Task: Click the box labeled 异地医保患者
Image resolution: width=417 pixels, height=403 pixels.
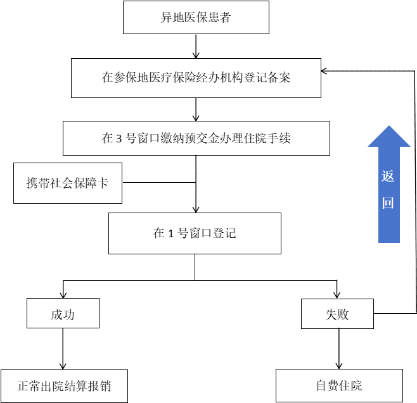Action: pyautogui.click(x=196, y=17)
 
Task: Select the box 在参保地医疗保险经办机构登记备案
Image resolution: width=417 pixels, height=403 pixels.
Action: pyautogui.click(x=196, y=78)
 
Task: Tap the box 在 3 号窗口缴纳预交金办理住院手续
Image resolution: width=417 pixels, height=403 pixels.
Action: pyautogui.click(x=196, y=138)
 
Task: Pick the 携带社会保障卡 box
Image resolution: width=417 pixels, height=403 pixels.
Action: pyautogui.click(x=67, y=183)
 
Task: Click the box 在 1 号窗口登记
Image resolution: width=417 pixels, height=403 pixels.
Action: pyautogui.click(x=195, y=233)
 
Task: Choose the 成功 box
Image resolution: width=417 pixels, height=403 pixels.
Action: pyautogui.click(x=63, y=314)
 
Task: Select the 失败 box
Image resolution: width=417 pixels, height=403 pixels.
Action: pyautogui.click(x=337, y=314)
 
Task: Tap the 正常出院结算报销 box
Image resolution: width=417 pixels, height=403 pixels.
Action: pyautogui.click(x=63, y=385)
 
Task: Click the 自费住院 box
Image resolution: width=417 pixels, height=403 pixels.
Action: pyautogui.click(x=339, y=385)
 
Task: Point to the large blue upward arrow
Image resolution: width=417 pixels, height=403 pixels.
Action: pyautogui.click(x=388, y=183)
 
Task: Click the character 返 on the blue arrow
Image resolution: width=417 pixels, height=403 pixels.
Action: pyautogui.click(x=388, y=176)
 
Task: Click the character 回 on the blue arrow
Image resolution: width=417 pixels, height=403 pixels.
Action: pyautogui.click(x=388, y=203)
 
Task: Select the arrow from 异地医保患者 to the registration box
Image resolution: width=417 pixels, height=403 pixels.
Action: pyautogui.click(x=196, y=46)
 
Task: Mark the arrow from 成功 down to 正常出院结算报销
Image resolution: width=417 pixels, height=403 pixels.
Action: pyautogui.click(x=63, y=349)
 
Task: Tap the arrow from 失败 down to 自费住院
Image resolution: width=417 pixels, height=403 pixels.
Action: pyautogui.click(x=338, y=349)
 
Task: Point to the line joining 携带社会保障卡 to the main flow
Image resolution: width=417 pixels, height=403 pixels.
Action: pyautogui.click(x=158, y=183)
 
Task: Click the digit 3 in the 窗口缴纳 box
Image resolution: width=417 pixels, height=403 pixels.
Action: pyautogui.click(x=119, y=139)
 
